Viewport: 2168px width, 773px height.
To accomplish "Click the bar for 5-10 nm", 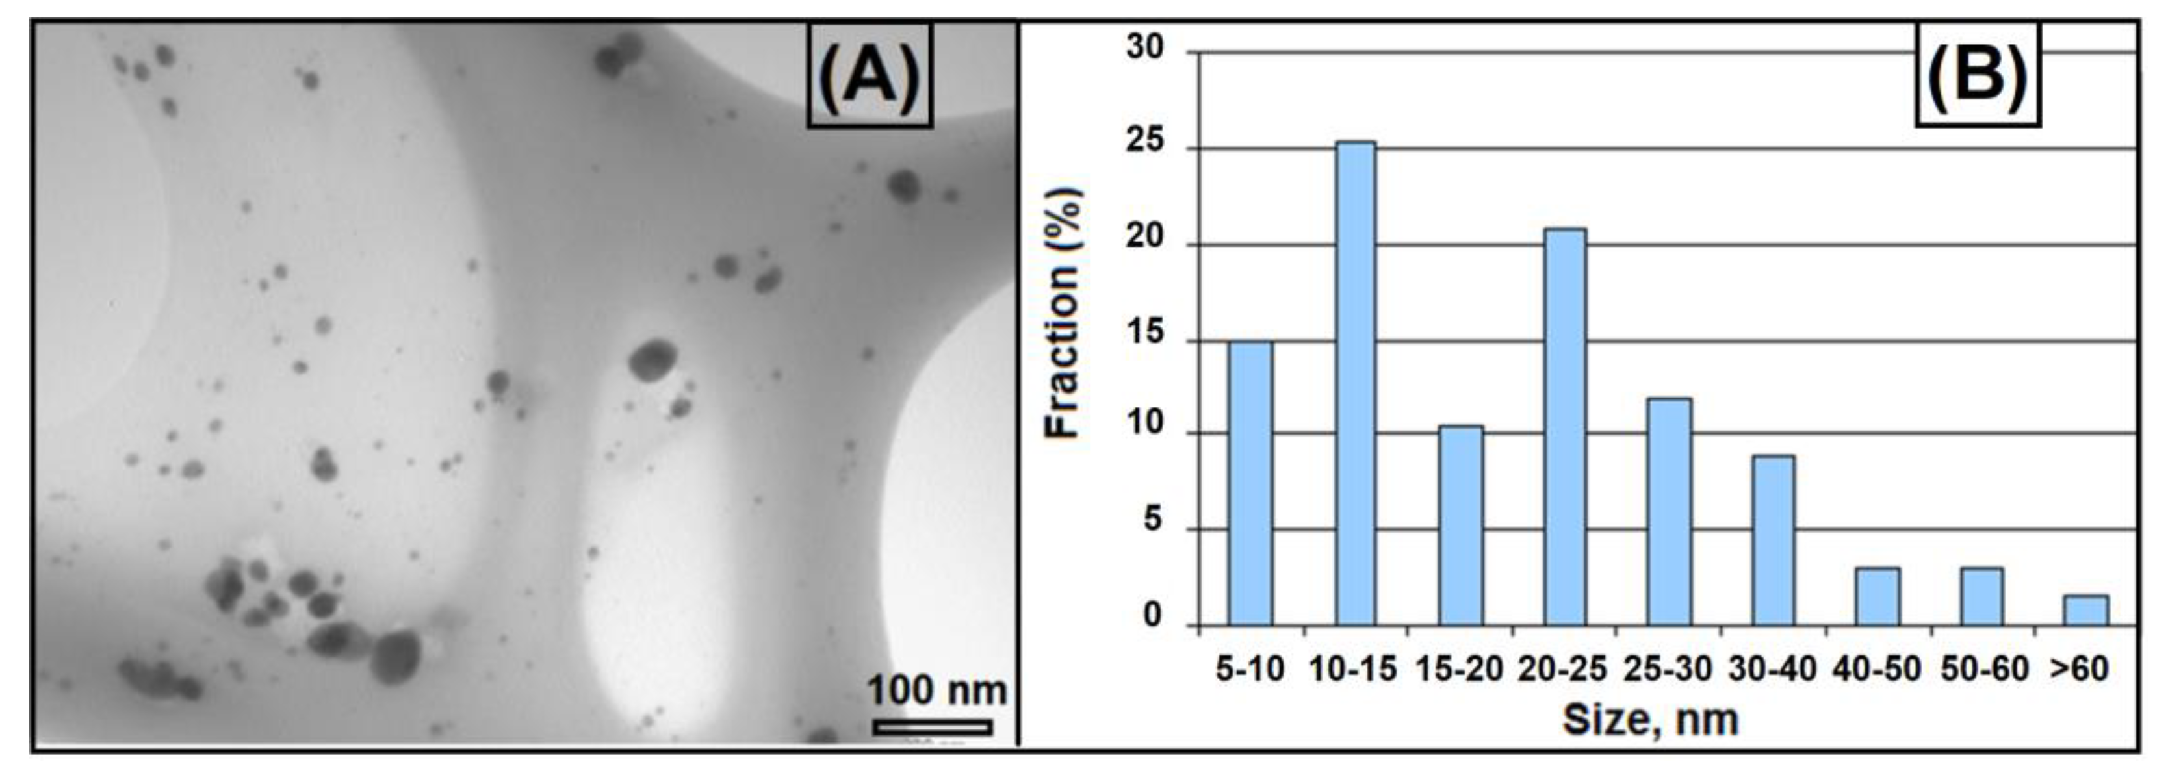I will coord(1250,484).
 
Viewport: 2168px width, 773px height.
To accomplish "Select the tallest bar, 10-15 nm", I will coord(1356,383).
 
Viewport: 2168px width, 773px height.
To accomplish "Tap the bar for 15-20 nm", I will coord(1460,526).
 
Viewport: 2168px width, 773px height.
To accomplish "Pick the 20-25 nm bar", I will coord(1564,427).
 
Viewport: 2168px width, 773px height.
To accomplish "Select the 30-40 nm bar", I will coord(1774,541).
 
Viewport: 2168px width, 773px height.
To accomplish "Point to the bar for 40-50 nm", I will coord(1878,597).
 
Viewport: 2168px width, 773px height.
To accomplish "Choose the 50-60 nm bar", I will coord(1982,597).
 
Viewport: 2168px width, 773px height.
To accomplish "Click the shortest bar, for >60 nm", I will coord(2086,611).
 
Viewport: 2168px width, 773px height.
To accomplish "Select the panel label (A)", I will coord(870,76).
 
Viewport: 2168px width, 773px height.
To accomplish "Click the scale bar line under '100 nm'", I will coord(933,727).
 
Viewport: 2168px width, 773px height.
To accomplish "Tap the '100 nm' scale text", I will coord(936,691).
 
